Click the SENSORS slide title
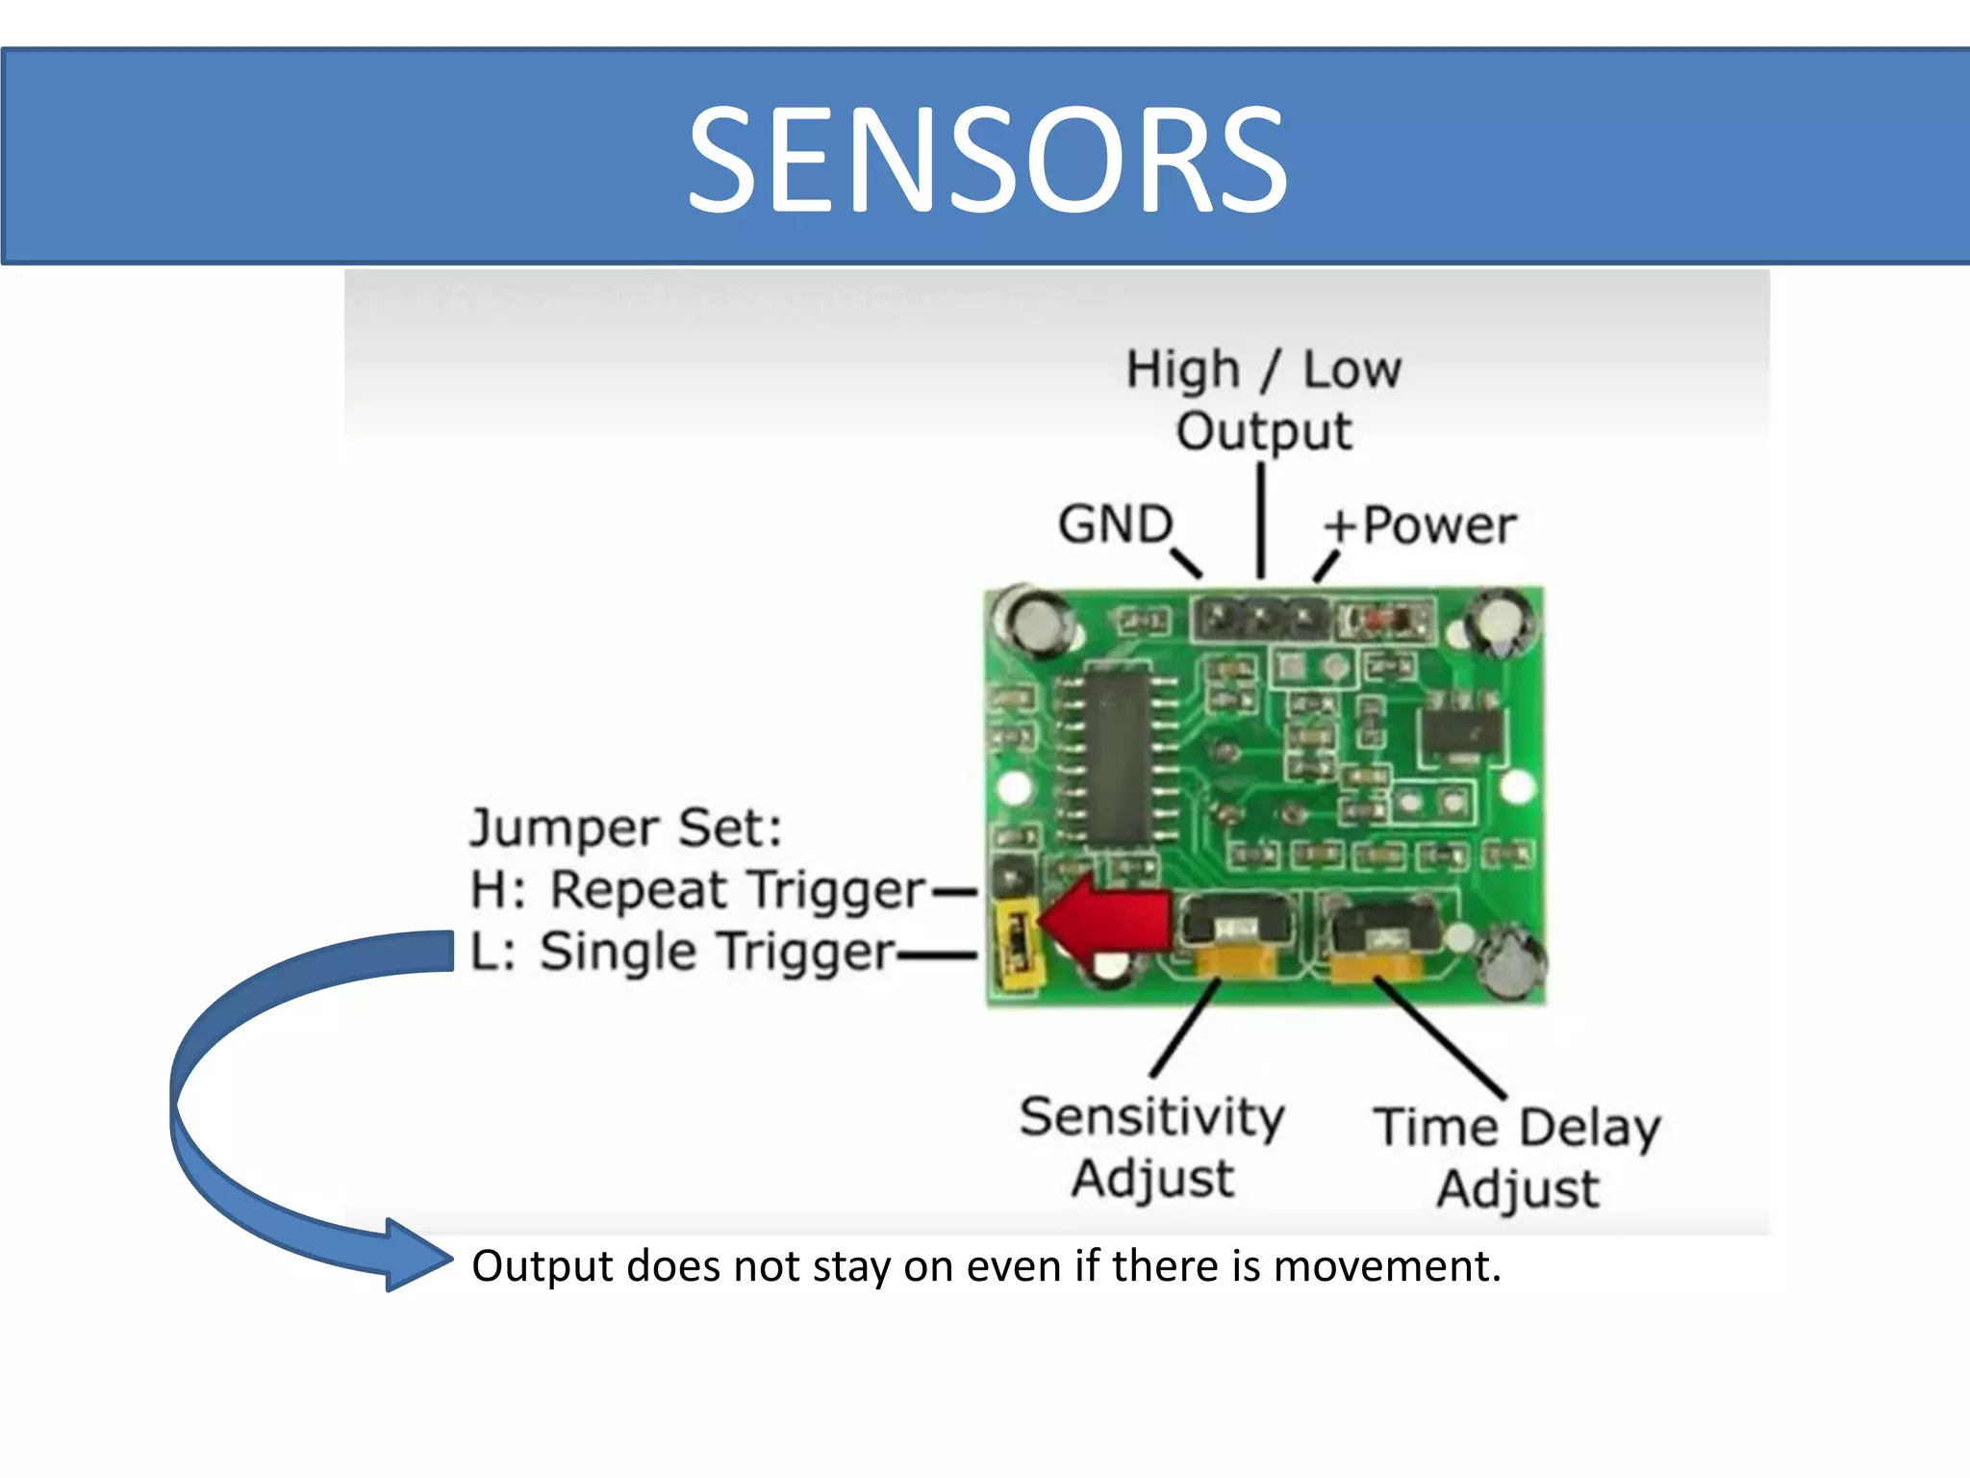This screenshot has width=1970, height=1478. tap(987, 159)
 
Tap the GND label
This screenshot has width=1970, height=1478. tap(1116, 524)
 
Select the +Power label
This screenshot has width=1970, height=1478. tap(1420, 525)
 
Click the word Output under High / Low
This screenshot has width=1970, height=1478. tap(1264, 431)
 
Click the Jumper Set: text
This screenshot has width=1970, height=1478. tap(626, 828)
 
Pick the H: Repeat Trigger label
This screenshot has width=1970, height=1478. tap(697, 889)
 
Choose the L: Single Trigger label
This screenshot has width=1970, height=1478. tap(683, 952)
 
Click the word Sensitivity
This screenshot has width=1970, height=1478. tap(1152, 1118)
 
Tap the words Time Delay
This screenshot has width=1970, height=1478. tap(1517, 1127)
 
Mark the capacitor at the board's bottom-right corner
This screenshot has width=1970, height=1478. tap(1514, 962)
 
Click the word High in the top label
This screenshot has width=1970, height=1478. tap(1183, 370)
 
